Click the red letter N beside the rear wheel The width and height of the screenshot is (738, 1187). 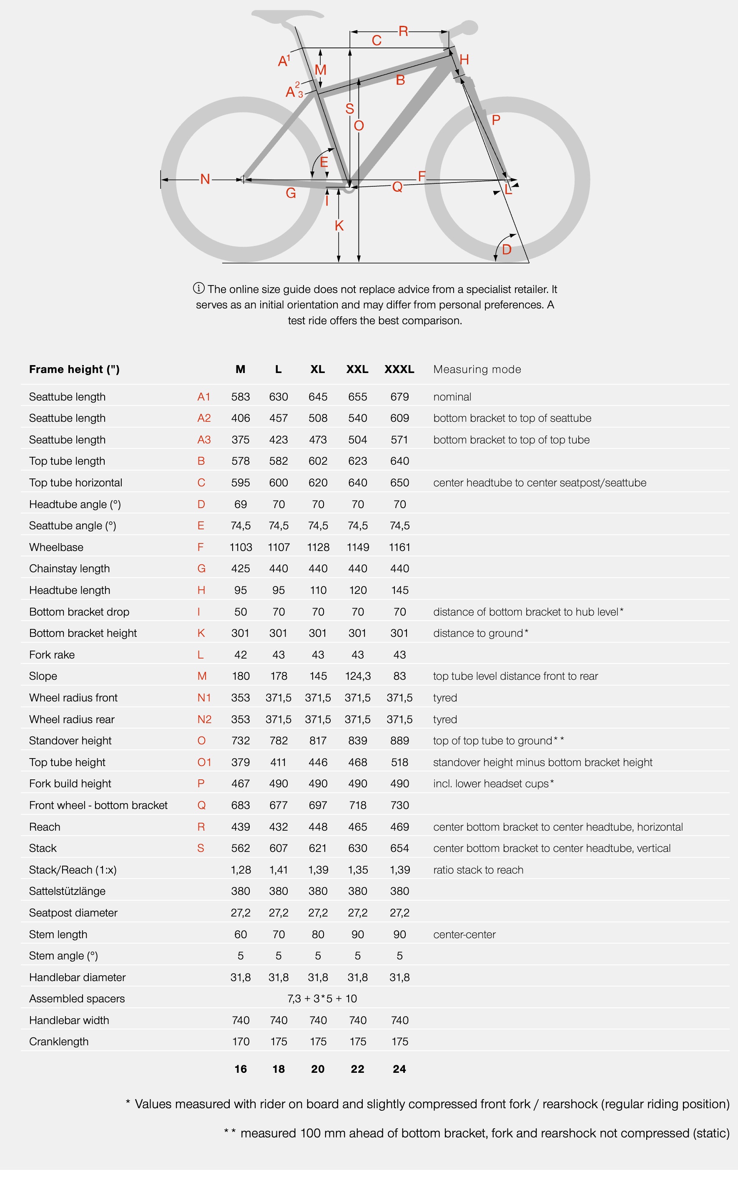[205, 180]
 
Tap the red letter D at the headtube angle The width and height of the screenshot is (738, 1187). [507, 250]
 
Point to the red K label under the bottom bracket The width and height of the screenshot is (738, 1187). [339, 225]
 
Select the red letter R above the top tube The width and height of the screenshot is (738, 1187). [403, 31]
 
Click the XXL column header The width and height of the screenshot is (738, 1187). [357, 369]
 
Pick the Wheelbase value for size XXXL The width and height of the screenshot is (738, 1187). [399, 547]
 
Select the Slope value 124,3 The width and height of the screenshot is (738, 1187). [357, 676]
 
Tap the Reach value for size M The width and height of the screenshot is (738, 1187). [240, 827]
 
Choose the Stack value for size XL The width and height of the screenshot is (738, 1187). [318, 849]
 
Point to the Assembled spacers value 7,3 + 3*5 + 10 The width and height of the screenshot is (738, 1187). [322, 999]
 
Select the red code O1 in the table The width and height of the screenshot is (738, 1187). [204, 763]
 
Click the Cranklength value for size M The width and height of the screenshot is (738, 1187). [240, 1042]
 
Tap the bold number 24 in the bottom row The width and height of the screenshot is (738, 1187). [399, 1069]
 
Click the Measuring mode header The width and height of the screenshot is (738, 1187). [477, 369]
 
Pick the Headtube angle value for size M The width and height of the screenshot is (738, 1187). [240, 504]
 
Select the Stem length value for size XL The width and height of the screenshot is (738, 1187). [318, 934]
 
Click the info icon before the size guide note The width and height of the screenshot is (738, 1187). [198, 288]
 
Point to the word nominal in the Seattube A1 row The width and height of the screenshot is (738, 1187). [452, 397]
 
